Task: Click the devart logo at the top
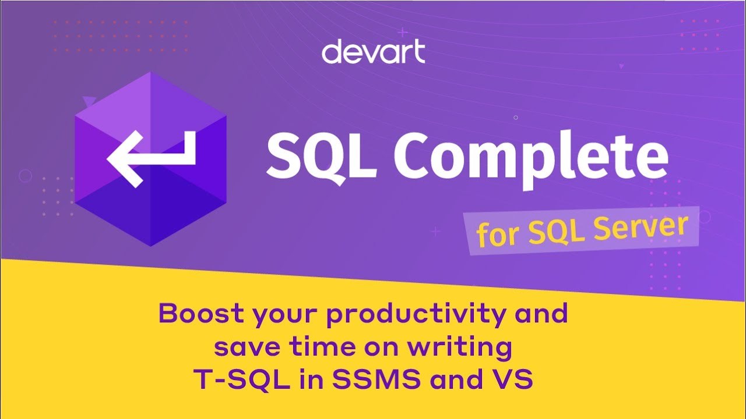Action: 374,51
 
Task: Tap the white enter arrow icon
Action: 152,159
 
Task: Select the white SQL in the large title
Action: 322,157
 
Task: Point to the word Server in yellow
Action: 641,227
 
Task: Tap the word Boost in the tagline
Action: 201,313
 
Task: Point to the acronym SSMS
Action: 376,379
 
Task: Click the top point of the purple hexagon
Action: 150,72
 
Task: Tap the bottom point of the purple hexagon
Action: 150,246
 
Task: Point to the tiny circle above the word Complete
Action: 516,118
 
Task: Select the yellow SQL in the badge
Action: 557,232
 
